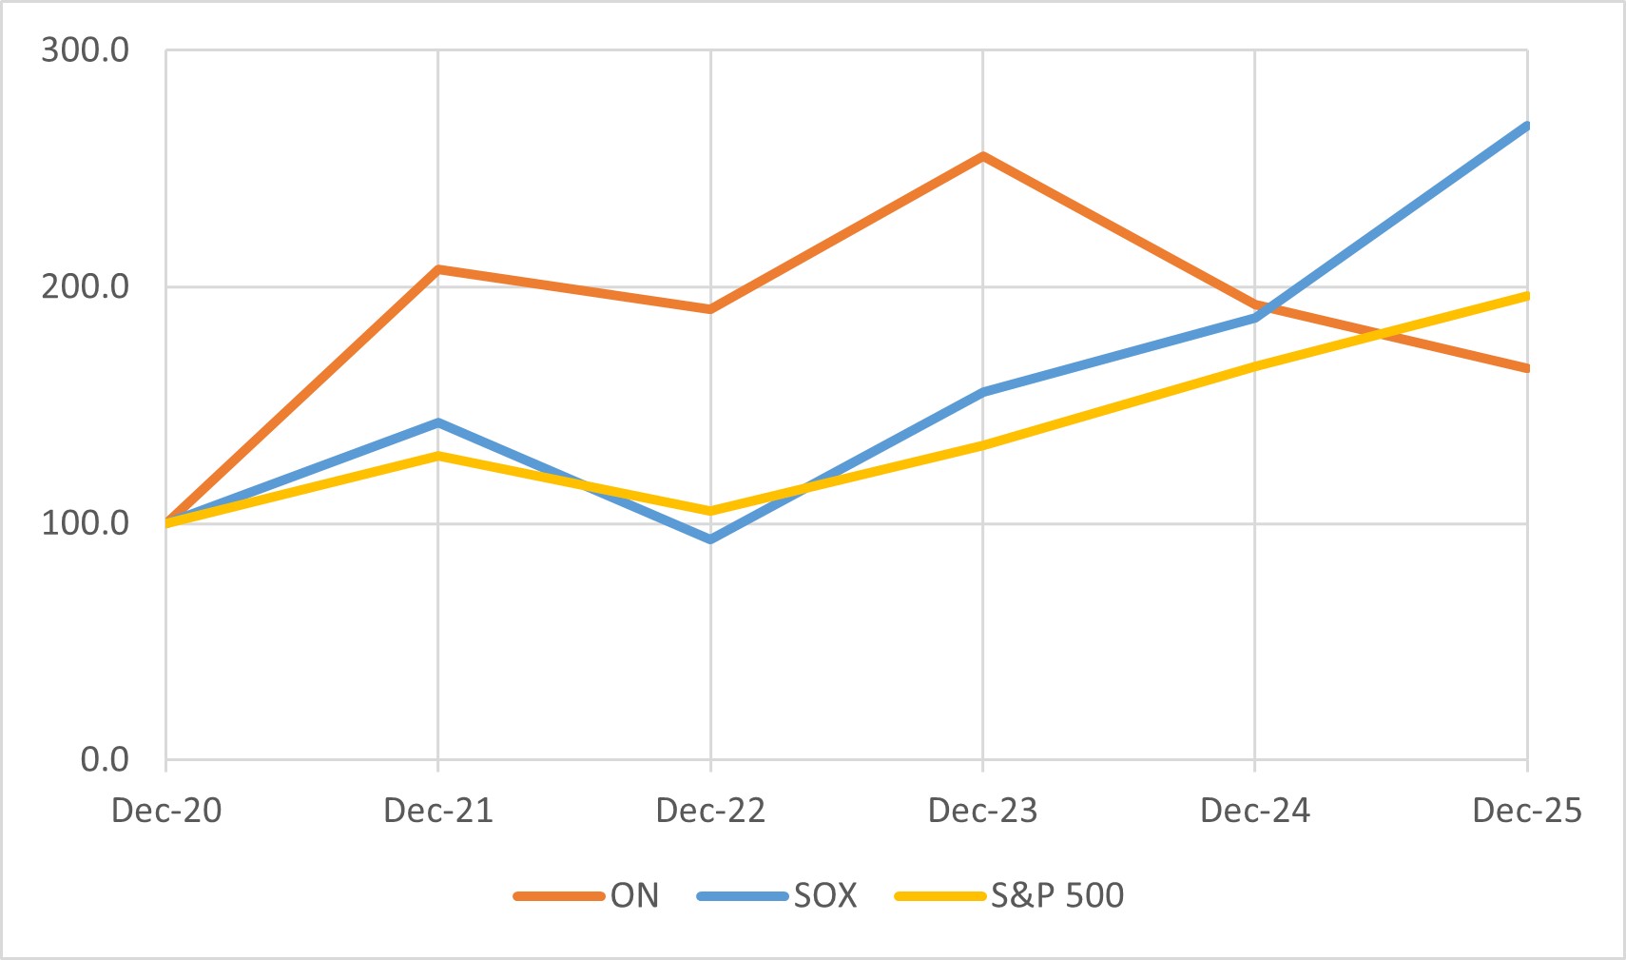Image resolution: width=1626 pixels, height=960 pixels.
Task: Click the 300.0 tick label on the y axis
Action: [85, 50]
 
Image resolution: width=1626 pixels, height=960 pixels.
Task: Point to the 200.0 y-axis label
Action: [85, 286]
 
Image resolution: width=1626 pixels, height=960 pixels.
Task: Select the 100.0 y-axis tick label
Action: [85, 523]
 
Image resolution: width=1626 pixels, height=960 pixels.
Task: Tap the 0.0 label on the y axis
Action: [105, 759]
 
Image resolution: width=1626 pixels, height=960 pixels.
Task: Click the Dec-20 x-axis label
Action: [166, 811]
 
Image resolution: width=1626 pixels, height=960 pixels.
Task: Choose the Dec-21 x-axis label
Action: [438, 811]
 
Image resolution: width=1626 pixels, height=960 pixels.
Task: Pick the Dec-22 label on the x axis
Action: [710, 811]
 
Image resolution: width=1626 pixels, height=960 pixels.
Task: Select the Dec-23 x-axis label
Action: [982, 811]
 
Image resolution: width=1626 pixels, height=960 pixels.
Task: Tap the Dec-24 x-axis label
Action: [1255, 811]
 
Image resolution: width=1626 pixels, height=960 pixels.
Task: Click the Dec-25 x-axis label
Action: [1526, 811]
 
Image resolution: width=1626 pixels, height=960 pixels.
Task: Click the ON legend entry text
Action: [634, 895]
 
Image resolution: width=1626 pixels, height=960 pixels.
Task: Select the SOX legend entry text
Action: [825, 895]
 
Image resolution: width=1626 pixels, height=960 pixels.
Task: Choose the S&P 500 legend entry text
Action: [1057, 895]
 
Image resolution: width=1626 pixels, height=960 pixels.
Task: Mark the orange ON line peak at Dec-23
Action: [982, 155]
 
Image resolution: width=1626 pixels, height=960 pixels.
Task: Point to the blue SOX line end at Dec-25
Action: [1525, 126]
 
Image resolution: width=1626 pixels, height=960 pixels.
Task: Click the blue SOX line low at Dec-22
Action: [710, 539]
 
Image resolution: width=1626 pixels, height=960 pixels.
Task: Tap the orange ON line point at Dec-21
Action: [438, 269]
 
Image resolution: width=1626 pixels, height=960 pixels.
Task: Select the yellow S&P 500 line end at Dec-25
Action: [1525, 296]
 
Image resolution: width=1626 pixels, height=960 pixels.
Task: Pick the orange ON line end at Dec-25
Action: [1525, 368]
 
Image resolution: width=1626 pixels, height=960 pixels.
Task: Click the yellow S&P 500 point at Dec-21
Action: [438, 456]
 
